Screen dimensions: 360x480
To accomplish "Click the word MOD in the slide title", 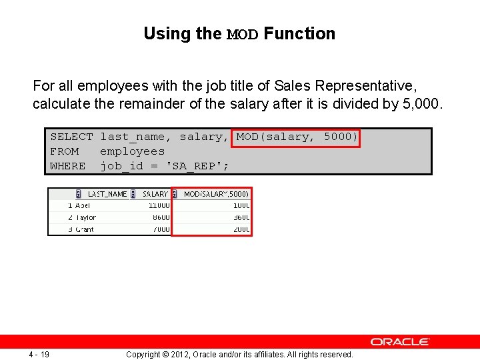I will click(x=243, y=34).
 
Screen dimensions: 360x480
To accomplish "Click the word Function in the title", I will click(x=299, y=33).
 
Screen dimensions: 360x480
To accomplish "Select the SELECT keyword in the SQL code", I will click(x=71, y=137).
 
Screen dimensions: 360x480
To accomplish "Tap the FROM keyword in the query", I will click(x=64, y=151).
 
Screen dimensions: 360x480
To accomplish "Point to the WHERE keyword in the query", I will click(x=67, y=166).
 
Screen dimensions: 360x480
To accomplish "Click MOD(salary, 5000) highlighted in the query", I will click(x=297, y=137).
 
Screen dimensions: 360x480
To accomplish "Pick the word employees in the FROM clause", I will click(x=132, y=151).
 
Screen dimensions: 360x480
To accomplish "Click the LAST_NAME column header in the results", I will click(x=107, y=194).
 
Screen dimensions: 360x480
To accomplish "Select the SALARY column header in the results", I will click(x=155, y=194).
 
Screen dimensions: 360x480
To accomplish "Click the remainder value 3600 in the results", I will click(x=241, y=217).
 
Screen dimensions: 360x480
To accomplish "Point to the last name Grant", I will click(x=85, y=229).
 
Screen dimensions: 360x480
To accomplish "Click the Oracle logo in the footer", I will click(x=400, y=342).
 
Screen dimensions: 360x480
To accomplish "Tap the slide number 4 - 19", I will click(x=39, y=354).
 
